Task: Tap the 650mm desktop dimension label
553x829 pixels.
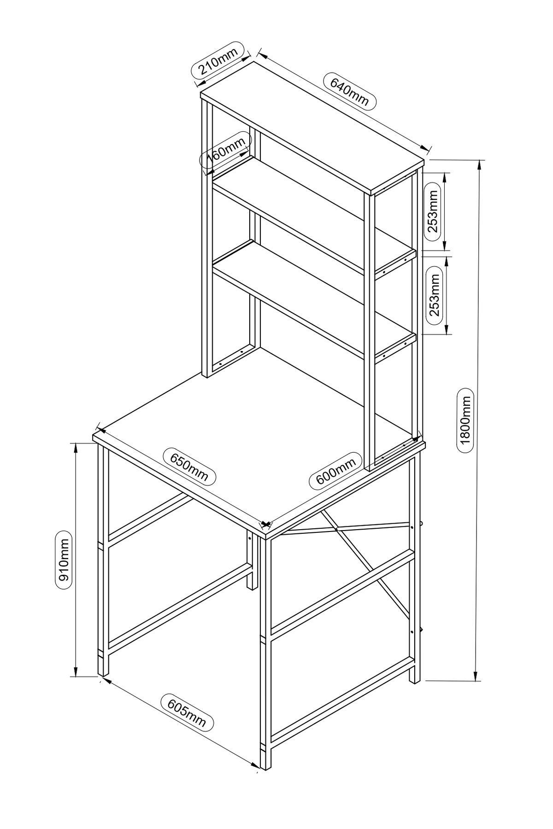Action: coord(189,466)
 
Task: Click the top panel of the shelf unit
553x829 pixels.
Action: coord(312,127)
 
